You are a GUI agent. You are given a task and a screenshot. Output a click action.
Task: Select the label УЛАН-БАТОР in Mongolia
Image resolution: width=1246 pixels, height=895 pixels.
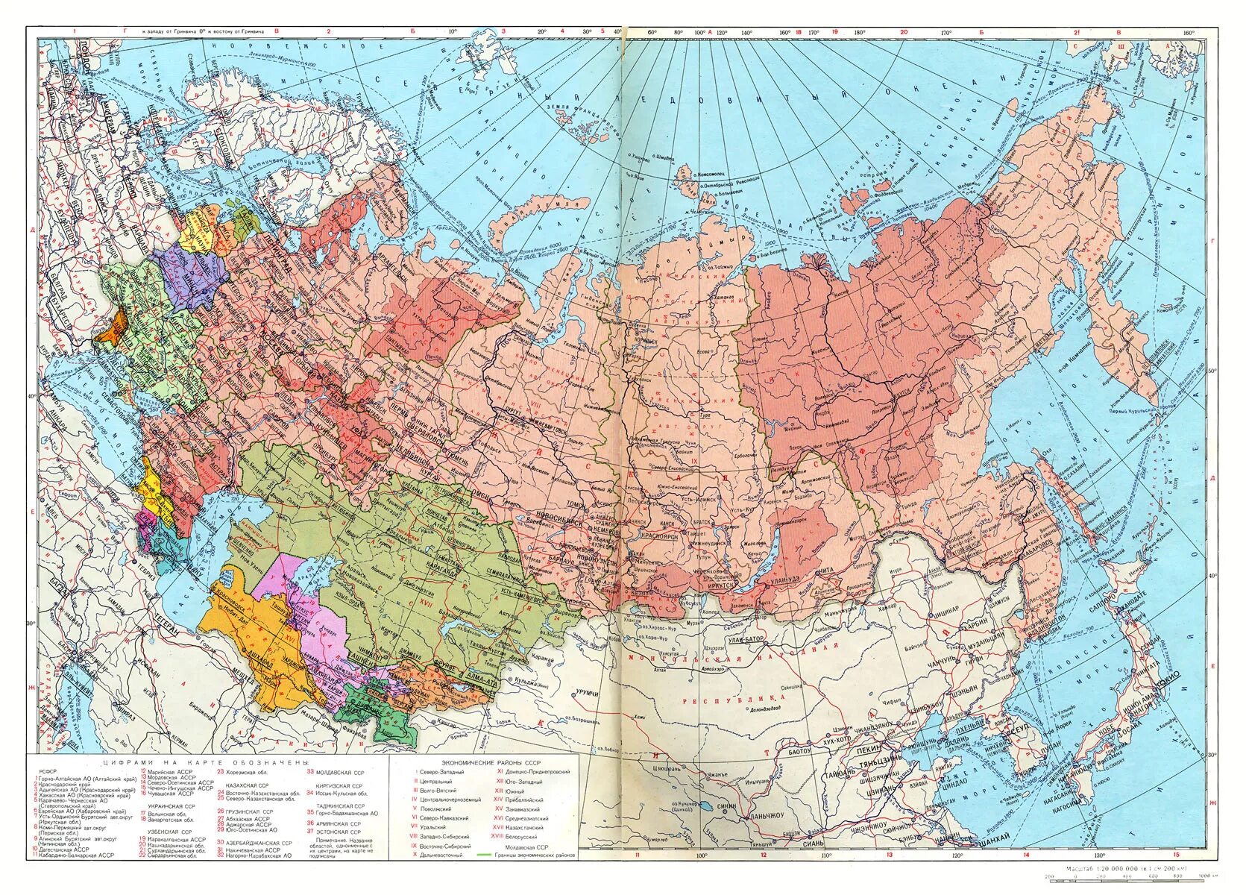pyautogui.click(x=749, y=639)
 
